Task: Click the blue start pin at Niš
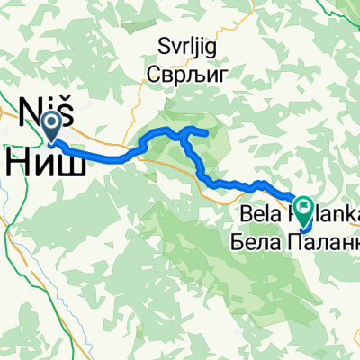(x=51, y=128)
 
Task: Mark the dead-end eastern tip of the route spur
(x=209, y=134)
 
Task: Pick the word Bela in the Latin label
(x=259, y=216)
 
